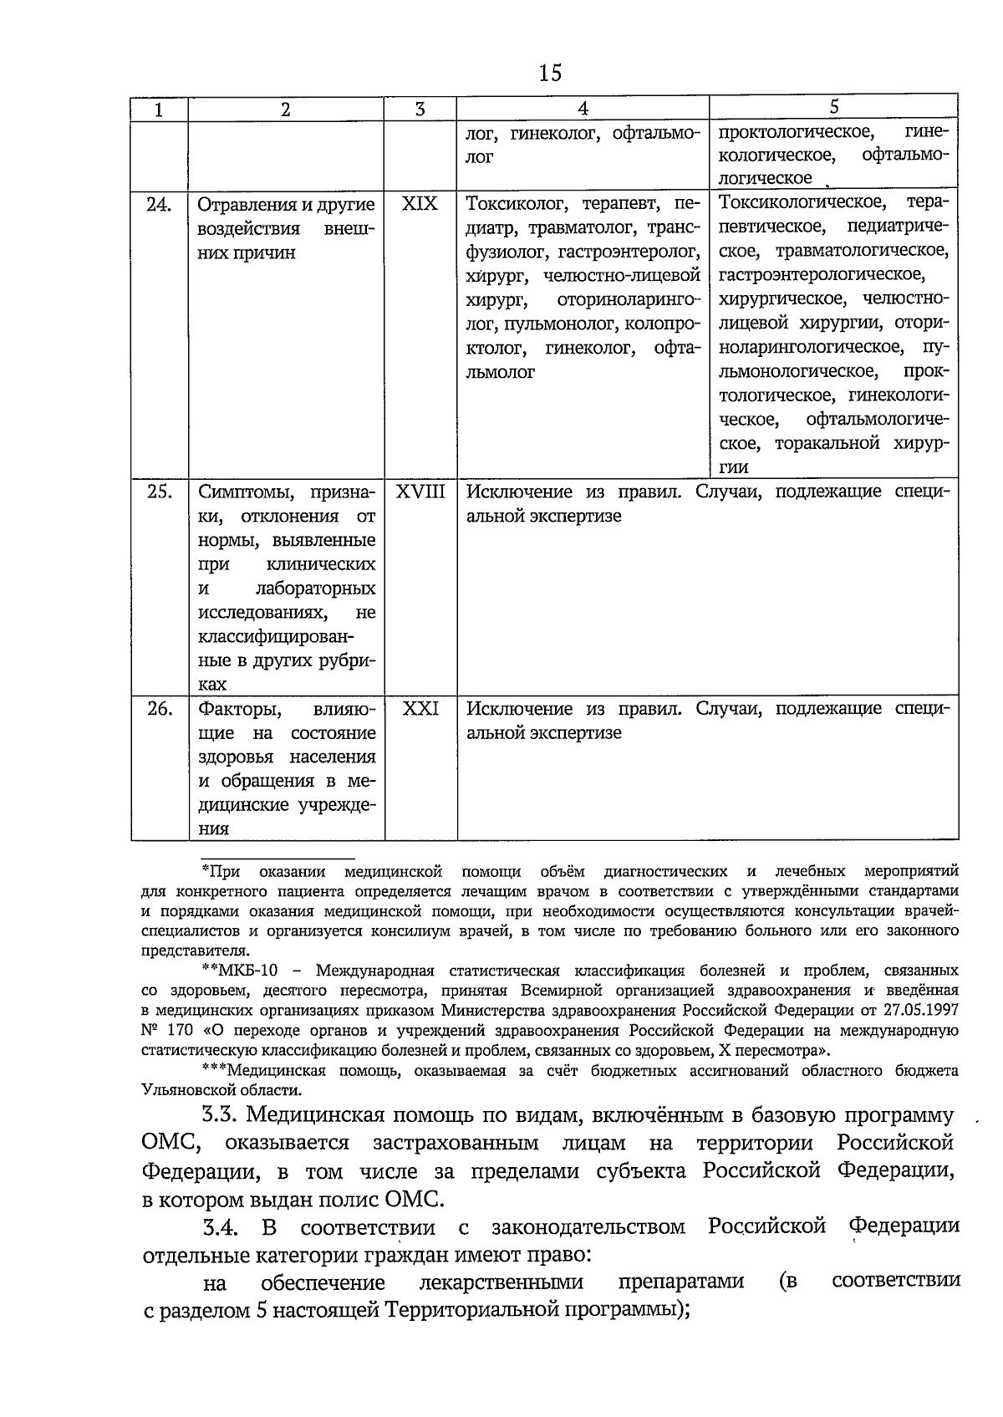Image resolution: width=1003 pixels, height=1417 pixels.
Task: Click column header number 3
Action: pos(420,109)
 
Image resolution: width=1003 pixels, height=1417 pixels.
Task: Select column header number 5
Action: pos(833,106)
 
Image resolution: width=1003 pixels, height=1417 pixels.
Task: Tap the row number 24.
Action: pos(159,205)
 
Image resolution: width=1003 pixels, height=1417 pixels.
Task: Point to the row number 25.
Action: pos(159,492)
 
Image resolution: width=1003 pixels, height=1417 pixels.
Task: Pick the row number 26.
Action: pos(159,710)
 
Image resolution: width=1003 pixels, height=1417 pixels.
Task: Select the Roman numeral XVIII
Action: pos(420,492)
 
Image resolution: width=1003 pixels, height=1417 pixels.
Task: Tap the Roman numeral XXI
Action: pos(420,709)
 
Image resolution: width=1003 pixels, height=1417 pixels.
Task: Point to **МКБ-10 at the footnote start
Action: pos(239,971)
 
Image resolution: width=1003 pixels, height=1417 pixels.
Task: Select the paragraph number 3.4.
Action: pos(221,1227)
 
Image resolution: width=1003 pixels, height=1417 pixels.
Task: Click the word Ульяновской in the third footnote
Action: pos(179,1090)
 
